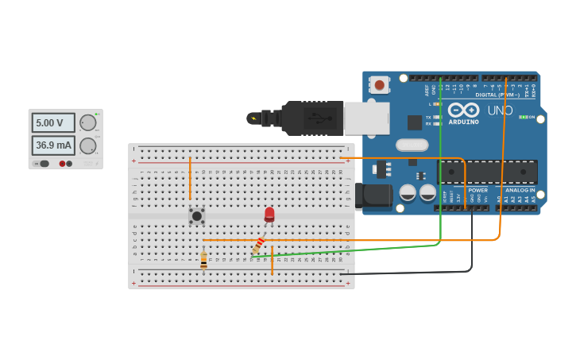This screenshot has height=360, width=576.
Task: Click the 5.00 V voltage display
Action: (x=53, y=123)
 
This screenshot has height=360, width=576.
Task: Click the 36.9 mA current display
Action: (x=53, y=145)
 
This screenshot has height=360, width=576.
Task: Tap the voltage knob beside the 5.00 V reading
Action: (x=87, y=122)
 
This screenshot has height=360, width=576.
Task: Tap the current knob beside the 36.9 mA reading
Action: (x=87, y=145)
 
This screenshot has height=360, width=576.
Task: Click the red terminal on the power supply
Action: (x=62, y=163)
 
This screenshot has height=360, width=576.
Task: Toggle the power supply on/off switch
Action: (x=44, y=163)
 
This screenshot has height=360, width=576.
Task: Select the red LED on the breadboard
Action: (x=269, y=215)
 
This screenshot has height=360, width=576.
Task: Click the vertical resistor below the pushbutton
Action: (x=203, y=260)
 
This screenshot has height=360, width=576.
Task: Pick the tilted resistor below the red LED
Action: (x=258, y=246)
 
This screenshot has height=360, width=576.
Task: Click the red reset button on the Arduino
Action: (x=380, y=84)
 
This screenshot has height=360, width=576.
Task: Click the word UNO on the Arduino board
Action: (x=500, y=110)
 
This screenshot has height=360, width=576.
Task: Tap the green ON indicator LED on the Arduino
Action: (x=522, y=117)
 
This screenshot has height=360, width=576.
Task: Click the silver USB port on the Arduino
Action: (x=366, y=118)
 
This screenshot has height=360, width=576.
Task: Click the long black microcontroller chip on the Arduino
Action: (x=488, y=171)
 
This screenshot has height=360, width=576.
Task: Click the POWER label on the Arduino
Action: (x=477, y=190)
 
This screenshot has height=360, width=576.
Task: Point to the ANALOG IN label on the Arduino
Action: (x=520, y=190)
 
